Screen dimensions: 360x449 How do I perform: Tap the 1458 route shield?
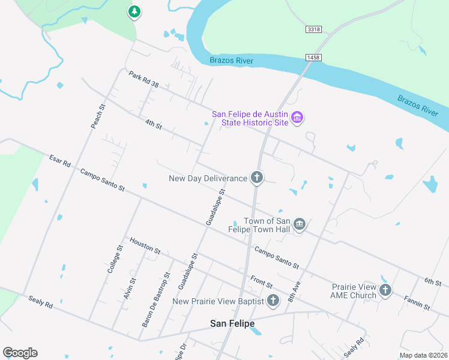pyautogui.click(x=312, y=57)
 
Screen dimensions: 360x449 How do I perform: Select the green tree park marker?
pyautogui.click(x=134, y=11)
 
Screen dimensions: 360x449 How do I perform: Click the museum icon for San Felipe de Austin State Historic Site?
pyautogui.click(x=297, y=118)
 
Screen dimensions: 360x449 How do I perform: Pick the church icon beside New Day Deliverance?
pyautogui.click(x=257, y=177)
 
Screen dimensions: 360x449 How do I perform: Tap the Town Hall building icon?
pyautogui.click(x=300, y=224)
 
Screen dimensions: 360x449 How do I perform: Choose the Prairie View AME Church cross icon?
pyautogui.click(x=385, y=290)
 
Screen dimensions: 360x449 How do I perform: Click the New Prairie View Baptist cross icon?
pyautogui.click(x=273, y=301)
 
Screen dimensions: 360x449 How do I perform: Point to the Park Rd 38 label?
pyautogui.click(x=143, y=79)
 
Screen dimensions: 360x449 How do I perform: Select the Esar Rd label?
pyautogui.click(x=60, y=161)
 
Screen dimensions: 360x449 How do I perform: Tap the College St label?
pyautogui.click(x=115, y=259)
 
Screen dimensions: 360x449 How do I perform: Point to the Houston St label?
pyautogui.click(x=145, y=244)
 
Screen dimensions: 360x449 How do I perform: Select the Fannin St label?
pyautogui.click(x=417, y=302)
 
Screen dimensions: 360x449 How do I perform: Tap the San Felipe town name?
pyautogui.click(x=232, y=323)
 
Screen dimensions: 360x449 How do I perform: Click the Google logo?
pyautogui.click(x=20, y=353)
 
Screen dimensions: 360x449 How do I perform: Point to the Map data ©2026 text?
pyautogui.click(x=423, y=355)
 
